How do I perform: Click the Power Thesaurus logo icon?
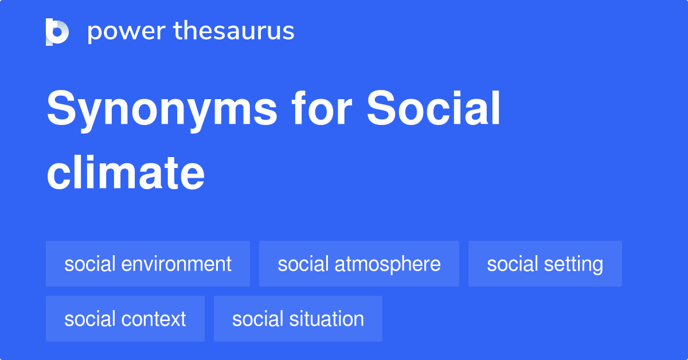click(57, 32)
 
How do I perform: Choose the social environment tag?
click(148, 264)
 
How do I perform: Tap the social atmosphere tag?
click(359, 264)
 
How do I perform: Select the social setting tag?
click(545, 264)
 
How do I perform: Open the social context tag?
click(125, 319)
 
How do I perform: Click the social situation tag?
click(298, 319)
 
